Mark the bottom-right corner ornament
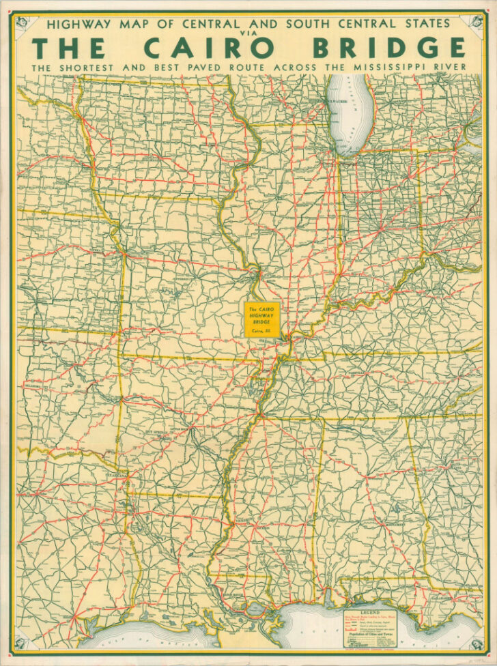tap(479, 644)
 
